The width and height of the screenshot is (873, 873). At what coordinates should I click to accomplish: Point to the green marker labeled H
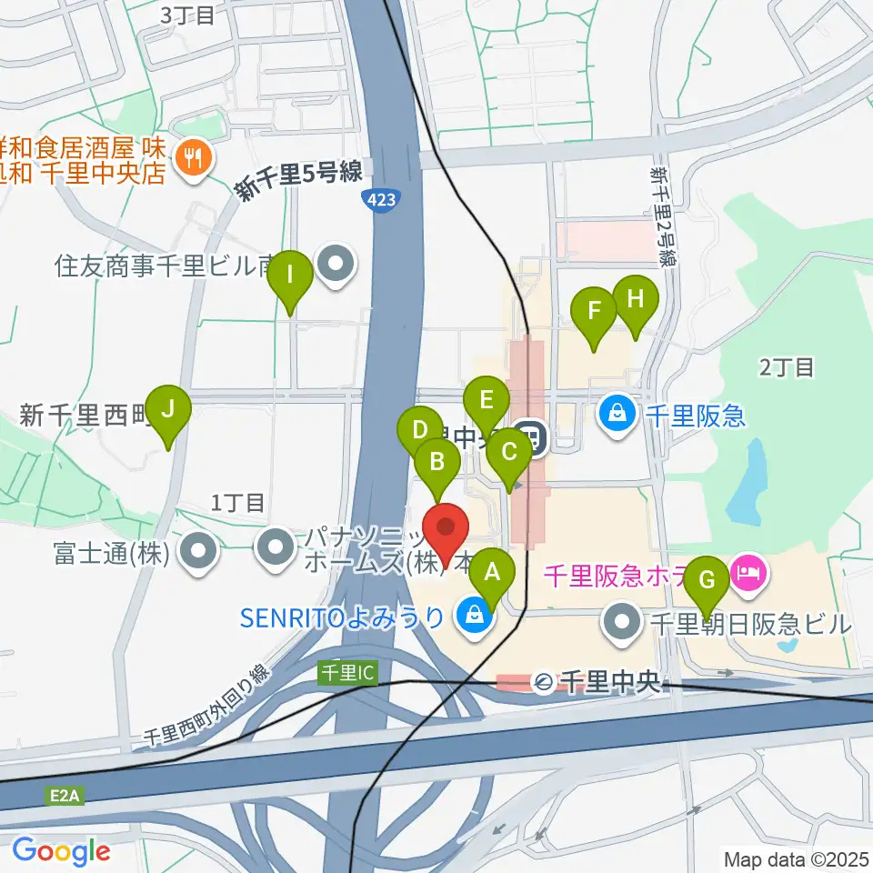(x=635, y=299)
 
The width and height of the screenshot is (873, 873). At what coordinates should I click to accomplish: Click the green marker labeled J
(x=168, y=409)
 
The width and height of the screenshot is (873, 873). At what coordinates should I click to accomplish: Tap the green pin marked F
(x=595, y=311)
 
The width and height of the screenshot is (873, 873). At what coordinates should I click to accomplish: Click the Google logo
(x=61, y=851)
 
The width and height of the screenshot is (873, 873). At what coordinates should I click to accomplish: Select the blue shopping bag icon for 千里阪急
(x=617, y=416)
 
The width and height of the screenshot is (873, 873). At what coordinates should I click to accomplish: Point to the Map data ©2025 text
(x=797, y=858)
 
